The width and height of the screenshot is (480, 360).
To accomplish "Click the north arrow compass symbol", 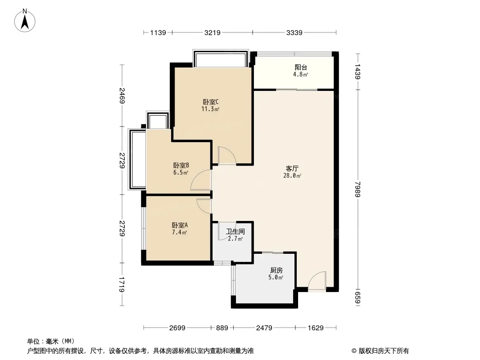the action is click(25, 21).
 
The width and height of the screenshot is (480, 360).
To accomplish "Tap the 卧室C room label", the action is click(211, 102).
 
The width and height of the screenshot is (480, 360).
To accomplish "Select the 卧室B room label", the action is click(181, 166).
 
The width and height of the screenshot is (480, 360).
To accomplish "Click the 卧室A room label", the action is click(180, 225).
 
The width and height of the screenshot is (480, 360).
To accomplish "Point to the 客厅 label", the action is click(292, 169).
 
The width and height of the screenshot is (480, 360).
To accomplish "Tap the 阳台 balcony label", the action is click(301, 67).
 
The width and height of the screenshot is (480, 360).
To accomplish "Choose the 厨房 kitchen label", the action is click(276, 270).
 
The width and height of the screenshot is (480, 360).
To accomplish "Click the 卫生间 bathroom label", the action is click(235, 232).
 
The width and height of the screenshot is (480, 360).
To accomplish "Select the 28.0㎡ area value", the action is click(292, 176).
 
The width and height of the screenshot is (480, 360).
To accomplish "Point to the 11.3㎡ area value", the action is click(210, 109).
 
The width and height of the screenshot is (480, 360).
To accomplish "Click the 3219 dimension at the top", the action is click(213, 32).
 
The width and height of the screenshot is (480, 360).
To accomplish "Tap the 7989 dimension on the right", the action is click(358, 189).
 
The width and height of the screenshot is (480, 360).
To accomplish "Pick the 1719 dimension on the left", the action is click(122, 284).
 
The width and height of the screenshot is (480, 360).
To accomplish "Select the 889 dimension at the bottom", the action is click(222, 328).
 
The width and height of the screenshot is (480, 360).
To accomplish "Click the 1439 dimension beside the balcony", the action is click(358, 72).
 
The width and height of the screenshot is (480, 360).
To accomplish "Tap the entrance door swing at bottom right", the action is click(317, 280).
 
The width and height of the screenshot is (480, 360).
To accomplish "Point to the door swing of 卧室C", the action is click(227, 155).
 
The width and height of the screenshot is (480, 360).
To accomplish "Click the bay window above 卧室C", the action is click(220, 58).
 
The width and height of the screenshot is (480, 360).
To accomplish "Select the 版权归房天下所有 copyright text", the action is click(384, 351).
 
